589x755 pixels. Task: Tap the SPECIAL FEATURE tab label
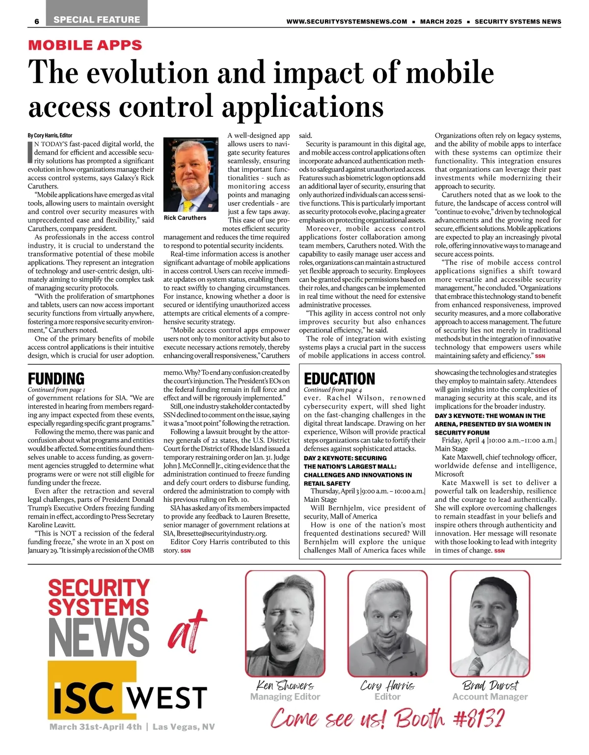click(x=97, y=20)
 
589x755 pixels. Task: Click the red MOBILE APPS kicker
click(x=85, y=45)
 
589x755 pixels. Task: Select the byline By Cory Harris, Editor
click(x=50, y=135)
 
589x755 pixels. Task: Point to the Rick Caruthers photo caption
click(x=185, y=218)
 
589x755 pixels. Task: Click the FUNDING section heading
click(x=56, y=379)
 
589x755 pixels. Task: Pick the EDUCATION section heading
click(x=339, y=379)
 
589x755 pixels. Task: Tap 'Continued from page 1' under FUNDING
click(x=56, y=390)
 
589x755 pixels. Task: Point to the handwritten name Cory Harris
click(x=387, y=685)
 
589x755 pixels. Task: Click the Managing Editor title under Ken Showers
click(x=285, y=697)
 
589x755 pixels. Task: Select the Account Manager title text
click(x=490, y=697)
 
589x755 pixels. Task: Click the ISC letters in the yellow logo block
click(x=86, y=696)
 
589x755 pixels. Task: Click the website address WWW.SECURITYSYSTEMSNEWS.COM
click(x=347, y=22)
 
